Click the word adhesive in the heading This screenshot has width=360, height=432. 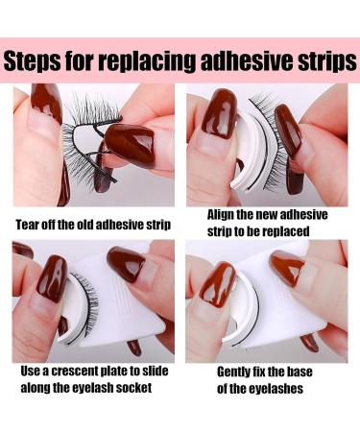pyautogui.click(x=245, y=63)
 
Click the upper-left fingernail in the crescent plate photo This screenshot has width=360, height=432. pyautogui.click(x=52, y=274)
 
